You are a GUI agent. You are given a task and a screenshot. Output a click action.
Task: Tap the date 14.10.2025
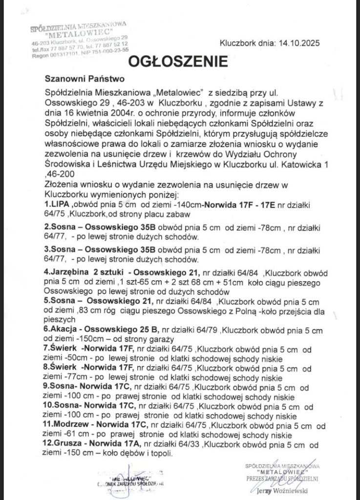(299, 43)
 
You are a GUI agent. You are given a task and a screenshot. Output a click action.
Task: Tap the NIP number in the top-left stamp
(105, 50)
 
